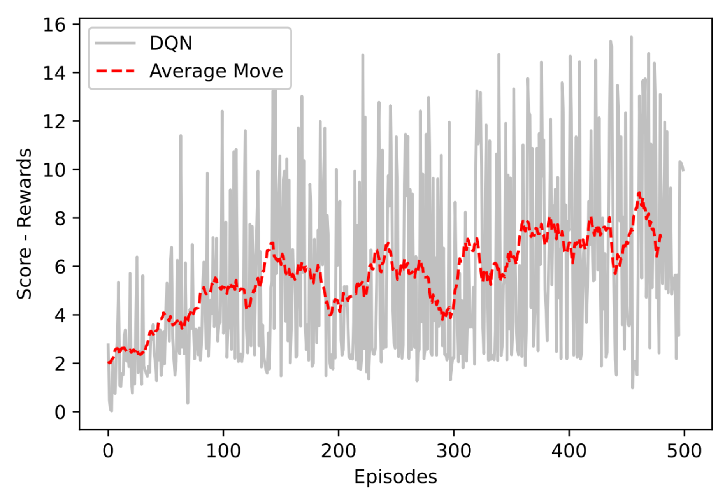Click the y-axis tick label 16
[x=54, y=25]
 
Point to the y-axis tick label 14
[x=54, y=73]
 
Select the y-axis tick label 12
[x=54, y=122]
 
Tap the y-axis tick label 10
[x=54, y=170]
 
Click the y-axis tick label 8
[x=60, y=218]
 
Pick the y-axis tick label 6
[x=60, y=267]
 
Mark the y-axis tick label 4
[x=60, y=315]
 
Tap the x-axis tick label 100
[x=223, y=451]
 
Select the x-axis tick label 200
[x=338, y=451]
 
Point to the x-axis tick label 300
[x=454, y=451]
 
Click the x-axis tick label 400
[x=569, y=451]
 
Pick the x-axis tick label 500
[x=684, y=451]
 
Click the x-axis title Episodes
[x=395, y=477]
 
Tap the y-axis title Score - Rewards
[x=24, y=224]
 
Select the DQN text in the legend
[x=171, y=43]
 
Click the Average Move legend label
[x=216, y=71]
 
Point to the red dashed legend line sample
[x=116, y=71]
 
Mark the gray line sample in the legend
[x=116, y=43]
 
